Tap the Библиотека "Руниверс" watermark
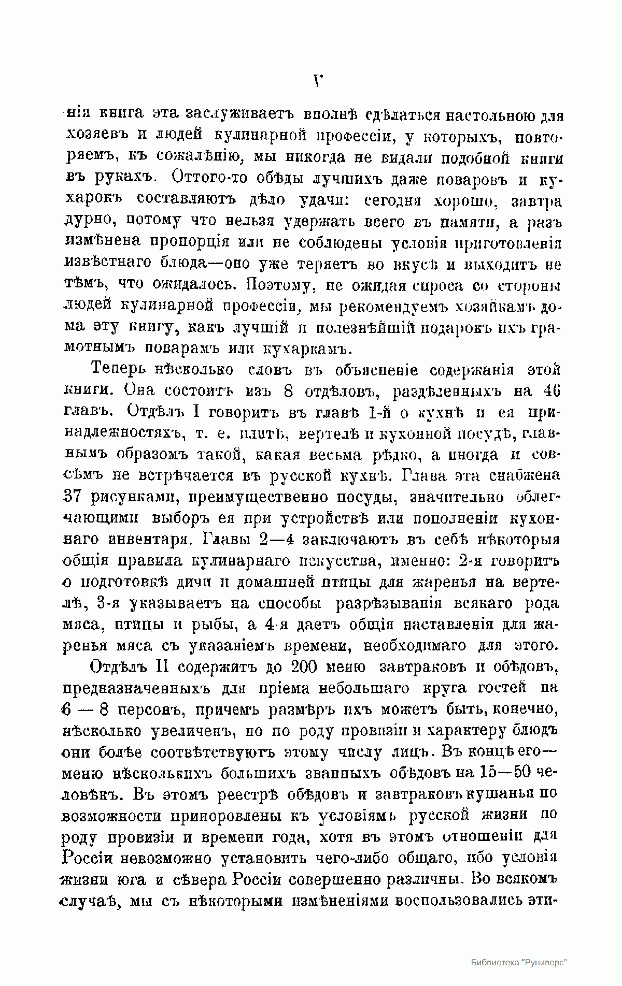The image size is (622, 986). click(519, 962)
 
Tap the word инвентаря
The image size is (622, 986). click(146, 540)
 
